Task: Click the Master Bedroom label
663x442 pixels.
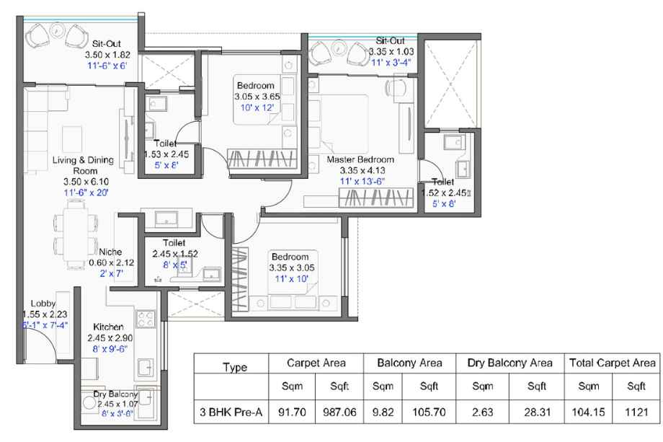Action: coord(360,160)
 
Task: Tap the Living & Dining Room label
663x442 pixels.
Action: coord(84,165)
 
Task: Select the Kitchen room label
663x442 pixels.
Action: coord(108,327)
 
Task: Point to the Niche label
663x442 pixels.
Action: coord(110,252)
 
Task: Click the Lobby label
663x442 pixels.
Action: coord(43,304)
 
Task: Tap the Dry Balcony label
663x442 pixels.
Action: coord(115,394)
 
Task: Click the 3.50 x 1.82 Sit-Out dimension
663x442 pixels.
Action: coord(107,55)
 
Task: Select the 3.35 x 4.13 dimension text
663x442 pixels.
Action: coord(362,170)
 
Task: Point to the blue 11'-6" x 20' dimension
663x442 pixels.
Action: coord(86,193)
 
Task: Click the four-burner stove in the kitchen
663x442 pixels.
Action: coord(145,319)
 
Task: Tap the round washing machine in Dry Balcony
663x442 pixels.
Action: coord(89,402)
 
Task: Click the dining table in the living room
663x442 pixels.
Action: coord(76,235)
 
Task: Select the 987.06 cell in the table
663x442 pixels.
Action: coord(339,412)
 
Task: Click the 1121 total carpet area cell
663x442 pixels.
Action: coord(636,412)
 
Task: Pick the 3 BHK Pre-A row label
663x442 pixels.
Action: coord(231,412)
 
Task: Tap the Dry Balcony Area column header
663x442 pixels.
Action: coord(510,363)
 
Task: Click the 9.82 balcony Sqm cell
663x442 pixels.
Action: coord(383,412)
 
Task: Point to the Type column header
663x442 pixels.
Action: coord(235,367)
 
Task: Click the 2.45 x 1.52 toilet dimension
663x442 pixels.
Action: coord(175,254)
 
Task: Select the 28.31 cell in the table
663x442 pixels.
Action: coord(537,412)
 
